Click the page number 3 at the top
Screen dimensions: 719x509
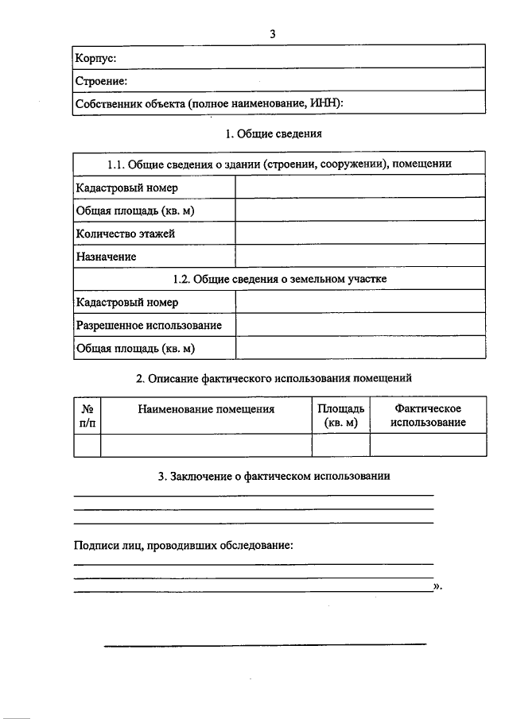coord(272,34)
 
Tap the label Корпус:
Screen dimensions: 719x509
coord(95,58)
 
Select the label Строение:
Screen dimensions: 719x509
coord(101,81)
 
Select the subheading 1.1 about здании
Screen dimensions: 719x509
coord(279,164)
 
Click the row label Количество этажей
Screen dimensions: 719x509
coord(125,234)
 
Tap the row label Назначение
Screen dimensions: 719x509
coord(106,257)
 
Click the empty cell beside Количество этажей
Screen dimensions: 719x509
coord(359,234)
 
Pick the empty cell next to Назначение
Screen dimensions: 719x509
coord(359,257)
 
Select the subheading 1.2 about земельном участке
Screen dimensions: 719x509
coord(279,280)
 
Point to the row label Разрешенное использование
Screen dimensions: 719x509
coord(149,326)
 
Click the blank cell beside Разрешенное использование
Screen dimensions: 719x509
coord(359,326)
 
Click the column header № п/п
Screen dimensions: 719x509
coord(87,416)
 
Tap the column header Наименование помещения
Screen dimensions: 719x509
coord(206,409)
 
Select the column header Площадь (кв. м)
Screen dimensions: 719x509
coord(341,416)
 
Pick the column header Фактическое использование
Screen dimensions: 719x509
coord(428,416)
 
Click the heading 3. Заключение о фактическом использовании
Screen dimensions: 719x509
coord(274,477)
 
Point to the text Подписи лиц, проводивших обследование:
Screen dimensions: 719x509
coord(183,547)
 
